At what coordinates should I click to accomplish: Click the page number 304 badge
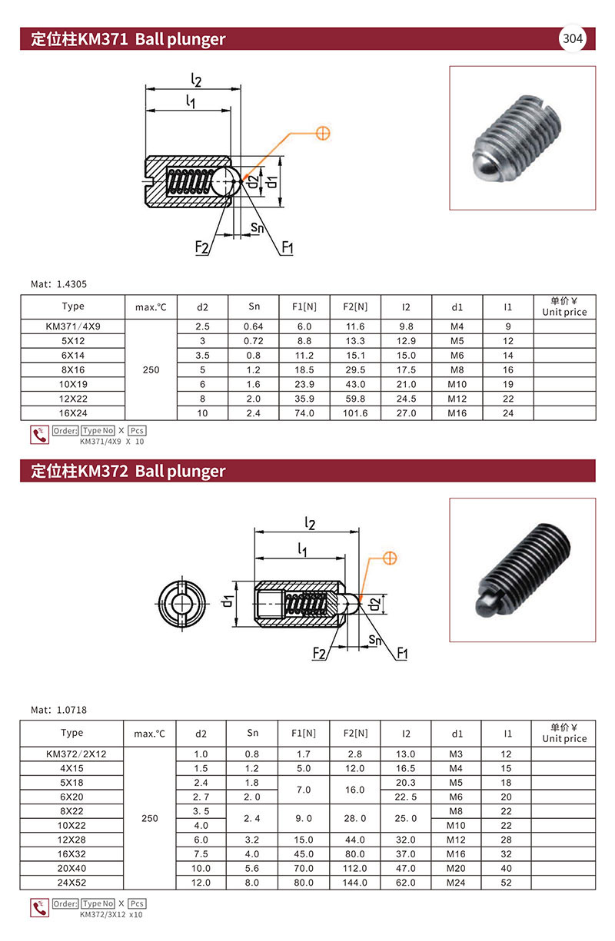pyautogui.click(x=572, y=38)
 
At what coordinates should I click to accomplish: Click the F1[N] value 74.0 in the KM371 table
pyautogui.click(x=304, y=413)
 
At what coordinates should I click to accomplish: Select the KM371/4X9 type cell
pyautogui.click(x=73, y=326)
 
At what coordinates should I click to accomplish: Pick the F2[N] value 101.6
pyautogui.click(x=355, y=413)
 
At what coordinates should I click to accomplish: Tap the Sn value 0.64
pyautogui.click(x=253, y=326)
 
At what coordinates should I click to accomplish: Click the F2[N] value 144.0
pyautogui.click(x=355, y=882)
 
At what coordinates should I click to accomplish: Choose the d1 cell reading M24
pyautogui.click(x=456, y=882)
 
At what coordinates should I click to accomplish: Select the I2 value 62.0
pyautogui.click(x=405, y=882)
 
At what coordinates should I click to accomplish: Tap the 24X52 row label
pyautogui.click(x=71, y=882)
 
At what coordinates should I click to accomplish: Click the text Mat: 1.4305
pyautogui.click(x=58, y=284)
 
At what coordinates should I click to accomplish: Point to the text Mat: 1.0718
pyautogui.click(x=58, y=710)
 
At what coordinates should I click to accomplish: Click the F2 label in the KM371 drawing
pyautogui.click(x=201, y=247)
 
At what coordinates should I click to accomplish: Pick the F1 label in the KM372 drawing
pyautogui.click(x=402, y=653)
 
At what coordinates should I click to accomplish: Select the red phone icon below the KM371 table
pyautogui.click(x=39, y=435)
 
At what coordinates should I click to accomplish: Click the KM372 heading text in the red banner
pyautogui.click(x=128, y=470)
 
